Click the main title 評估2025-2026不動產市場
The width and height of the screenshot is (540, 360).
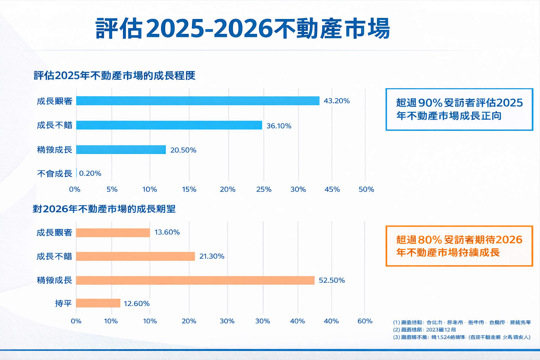243,28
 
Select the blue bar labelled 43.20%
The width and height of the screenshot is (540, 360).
198,101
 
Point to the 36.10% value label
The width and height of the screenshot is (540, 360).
279,126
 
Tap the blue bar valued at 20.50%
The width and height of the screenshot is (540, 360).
121,150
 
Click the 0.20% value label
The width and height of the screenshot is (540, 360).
90,173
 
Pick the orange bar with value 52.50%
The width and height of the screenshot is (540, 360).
195,280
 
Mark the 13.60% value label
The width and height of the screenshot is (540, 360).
167,232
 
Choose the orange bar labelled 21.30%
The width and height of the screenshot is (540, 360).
135,256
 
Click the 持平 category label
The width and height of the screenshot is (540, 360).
63,303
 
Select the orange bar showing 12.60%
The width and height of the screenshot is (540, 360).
98,303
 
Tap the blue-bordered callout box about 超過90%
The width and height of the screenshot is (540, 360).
459,109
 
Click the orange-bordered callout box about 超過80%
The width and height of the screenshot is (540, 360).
459,246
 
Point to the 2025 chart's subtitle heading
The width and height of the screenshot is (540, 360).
115,76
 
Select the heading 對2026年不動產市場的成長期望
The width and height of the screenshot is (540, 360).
104,209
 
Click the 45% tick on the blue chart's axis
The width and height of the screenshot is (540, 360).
332,189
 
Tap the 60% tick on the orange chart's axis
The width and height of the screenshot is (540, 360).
365,321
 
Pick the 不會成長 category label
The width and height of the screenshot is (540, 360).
54,173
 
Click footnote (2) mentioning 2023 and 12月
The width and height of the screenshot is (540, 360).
424,330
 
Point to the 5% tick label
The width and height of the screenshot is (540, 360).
112,189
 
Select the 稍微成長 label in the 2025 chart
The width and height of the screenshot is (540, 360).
54,150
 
